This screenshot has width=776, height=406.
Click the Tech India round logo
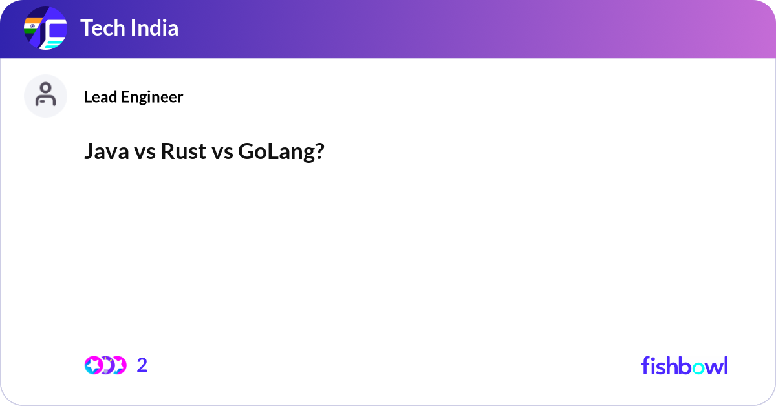(45, 28)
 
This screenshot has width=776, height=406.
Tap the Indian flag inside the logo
(32, 27)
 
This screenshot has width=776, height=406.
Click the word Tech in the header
(101, 28)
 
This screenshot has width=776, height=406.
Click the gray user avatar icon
(45, 96)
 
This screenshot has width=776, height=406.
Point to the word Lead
(100, 97)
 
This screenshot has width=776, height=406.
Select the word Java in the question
(103, 153)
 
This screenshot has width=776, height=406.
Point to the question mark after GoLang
(319, 153)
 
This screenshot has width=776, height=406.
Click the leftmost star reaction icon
(93, 365)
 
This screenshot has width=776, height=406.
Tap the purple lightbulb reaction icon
(107, 365)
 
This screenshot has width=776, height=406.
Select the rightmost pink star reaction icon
(118, 365)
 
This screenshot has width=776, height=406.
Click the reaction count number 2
(142, 365)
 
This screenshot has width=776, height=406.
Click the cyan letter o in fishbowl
(698, 367)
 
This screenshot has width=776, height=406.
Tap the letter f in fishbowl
(646, 365)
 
